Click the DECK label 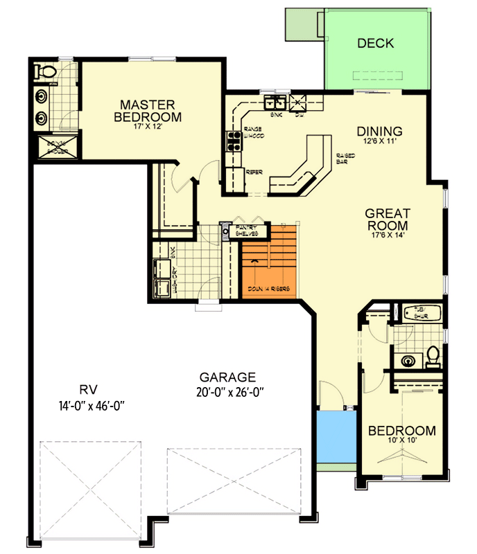tap(375, 44)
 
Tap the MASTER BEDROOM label tap(148, 110)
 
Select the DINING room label tap(379, 131)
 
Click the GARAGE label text tap(228, 377)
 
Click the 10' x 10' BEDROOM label tap(402, 431)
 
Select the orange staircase tap(269, 262)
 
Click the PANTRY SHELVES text tap(247, 230)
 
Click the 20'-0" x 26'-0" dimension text tap(227, 392)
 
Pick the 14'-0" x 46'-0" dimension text tap(88, 404)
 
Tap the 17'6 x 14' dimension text tap(388, 235)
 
